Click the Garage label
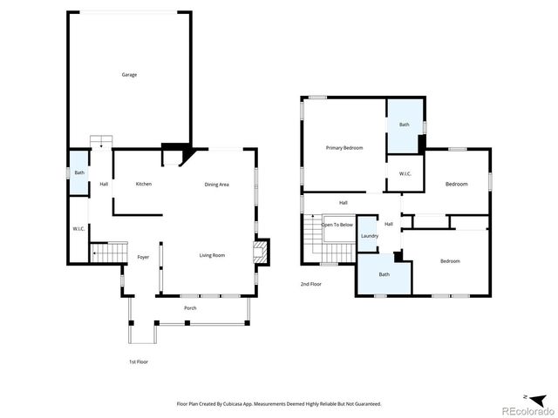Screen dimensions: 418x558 (128, 75)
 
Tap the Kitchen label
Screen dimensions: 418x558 (144, 184)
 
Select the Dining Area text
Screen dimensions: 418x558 (216, 184)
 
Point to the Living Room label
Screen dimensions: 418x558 (212, 255)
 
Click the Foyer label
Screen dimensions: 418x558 (143, 257)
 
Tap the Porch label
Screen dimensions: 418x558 (189, 308)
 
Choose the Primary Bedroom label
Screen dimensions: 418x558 (344, 148)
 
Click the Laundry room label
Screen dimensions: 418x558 (369, 236)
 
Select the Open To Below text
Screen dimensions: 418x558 (337, 225)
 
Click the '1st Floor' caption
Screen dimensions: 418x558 (138, 361)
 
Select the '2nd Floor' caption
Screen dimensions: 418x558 (310, 284)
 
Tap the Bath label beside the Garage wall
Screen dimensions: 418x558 (79, 172)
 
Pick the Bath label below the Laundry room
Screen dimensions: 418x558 (384, 275)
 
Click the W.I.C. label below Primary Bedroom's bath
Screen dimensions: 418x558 (405, 174)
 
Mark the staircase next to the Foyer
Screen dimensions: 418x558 (109, 253)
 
